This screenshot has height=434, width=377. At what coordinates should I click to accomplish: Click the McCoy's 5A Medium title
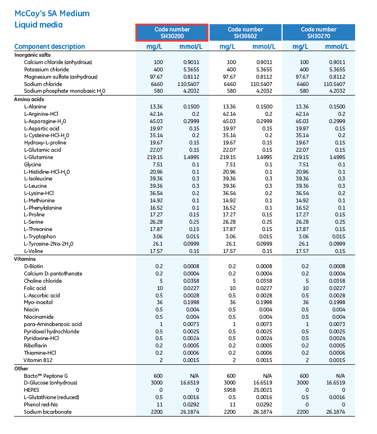tap(52, 13)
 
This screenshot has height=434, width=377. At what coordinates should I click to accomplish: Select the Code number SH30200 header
tap(172, 33)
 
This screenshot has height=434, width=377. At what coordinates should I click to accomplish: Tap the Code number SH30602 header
tap(245, 33)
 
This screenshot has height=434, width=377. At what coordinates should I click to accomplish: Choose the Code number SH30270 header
tap(319, 33)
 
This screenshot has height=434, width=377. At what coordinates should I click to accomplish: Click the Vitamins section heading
tap(25, 259)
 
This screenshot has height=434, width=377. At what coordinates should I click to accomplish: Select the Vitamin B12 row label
tap(38, 360)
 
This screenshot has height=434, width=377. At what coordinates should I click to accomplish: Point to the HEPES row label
tap(31, 390)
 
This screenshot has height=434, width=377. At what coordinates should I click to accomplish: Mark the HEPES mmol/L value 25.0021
tap(262, 390)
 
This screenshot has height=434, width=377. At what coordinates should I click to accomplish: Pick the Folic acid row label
tap(35, 288)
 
